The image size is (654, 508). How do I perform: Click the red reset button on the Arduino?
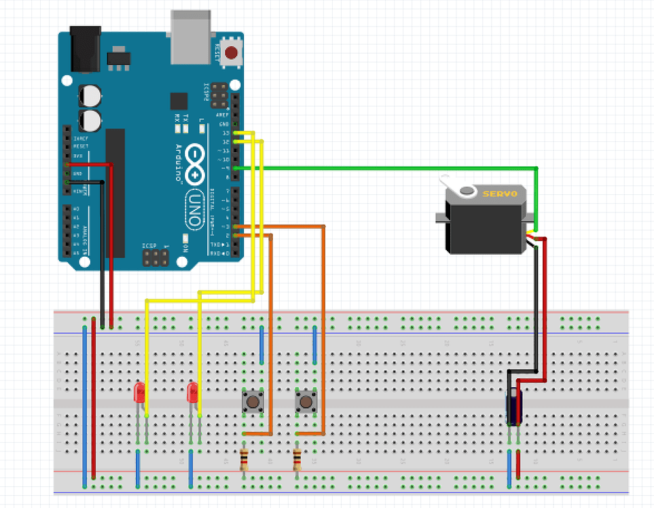(x=232, y=52)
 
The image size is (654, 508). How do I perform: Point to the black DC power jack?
(x=84, y=48)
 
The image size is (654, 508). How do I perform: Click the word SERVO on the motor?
(x=500, y=194)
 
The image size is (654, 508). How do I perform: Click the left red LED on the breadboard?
(x=141, y=393)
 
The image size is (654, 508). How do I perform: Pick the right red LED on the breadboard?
(x=193, y=393)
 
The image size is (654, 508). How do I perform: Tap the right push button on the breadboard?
(x=305, y=403)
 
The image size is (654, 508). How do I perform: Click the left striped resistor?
(x=244, y=460)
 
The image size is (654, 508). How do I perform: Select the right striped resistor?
(x=297, y=460)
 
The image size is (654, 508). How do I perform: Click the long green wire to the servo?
(x=394, y=168)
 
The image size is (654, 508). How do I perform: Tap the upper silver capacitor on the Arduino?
(x=90, y=94)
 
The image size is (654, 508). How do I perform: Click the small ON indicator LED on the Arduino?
(x=185, y=239)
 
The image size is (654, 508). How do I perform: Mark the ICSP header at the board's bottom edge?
(x=156, y=258)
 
